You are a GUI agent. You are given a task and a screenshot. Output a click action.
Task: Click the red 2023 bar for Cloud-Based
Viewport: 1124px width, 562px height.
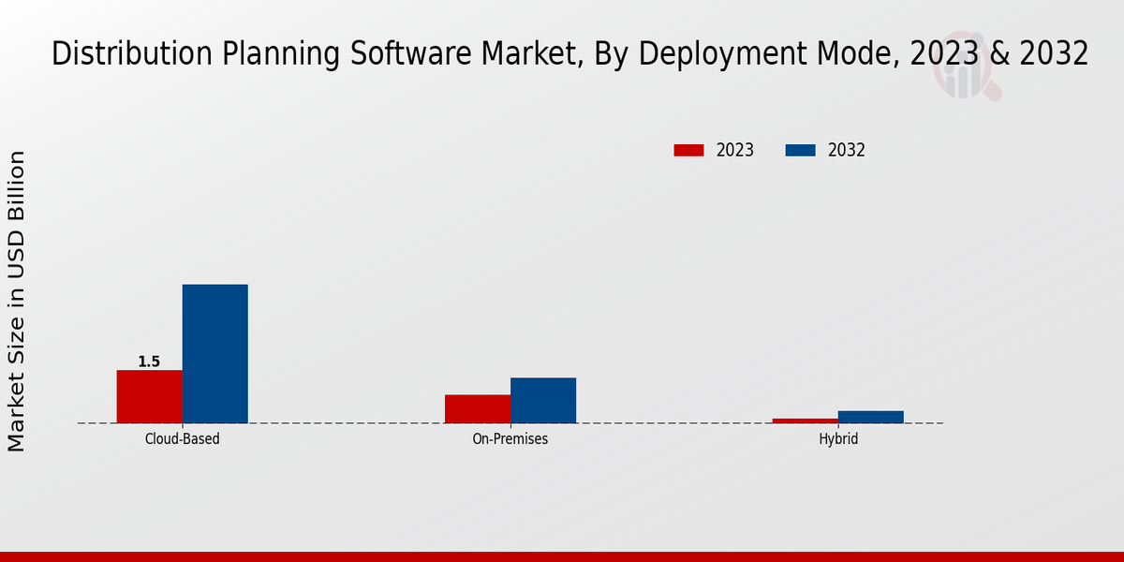click(149, 396)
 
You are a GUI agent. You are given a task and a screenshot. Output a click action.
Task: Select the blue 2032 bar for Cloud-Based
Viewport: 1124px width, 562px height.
click(214, 353)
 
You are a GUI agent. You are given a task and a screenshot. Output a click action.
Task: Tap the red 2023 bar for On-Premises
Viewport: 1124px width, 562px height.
click(477, 408)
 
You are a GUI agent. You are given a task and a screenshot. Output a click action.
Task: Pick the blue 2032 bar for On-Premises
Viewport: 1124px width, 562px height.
click(542, 400)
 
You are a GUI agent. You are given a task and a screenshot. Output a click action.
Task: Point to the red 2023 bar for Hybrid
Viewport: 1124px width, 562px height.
click(805, 421)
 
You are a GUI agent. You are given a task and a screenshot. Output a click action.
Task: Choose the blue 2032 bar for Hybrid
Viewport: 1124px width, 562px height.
click(870, 417)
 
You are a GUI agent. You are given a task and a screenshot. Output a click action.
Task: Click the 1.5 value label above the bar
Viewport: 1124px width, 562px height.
click(149, 362)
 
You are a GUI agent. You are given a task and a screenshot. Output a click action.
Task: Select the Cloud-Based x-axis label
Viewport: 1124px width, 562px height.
click(182, 438)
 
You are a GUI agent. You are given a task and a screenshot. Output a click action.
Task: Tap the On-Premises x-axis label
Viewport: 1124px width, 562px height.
click(510, 438)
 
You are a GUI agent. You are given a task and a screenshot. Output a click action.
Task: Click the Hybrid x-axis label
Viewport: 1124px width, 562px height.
click(837, 438)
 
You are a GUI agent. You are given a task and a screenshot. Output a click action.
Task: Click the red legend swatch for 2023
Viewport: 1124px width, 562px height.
click(688, 150)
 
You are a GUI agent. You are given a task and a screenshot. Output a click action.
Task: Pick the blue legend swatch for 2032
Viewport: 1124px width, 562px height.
click(800, 150)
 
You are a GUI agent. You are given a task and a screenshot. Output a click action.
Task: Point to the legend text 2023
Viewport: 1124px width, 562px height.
click(735, 150)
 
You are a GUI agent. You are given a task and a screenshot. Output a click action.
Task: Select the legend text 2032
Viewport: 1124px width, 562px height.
click(847, 150)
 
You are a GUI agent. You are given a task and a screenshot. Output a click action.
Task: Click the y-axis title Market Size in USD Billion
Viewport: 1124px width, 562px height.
click(18, 301)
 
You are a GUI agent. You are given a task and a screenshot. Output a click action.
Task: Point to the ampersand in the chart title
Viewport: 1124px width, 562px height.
click(1000, 54)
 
